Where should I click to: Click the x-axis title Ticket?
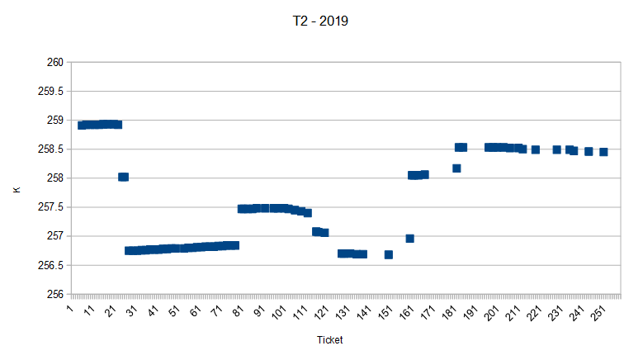[329, 340]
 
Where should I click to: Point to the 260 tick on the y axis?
[54, 62]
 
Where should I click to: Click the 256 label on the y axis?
[54, 294]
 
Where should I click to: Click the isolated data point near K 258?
[124, 177]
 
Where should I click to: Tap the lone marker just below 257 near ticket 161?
[410, 238]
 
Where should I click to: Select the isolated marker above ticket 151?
[389, 254]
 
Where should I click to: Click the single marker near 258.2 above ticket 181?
[456, 168]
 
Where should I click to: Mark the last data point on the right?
[603, 152]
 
